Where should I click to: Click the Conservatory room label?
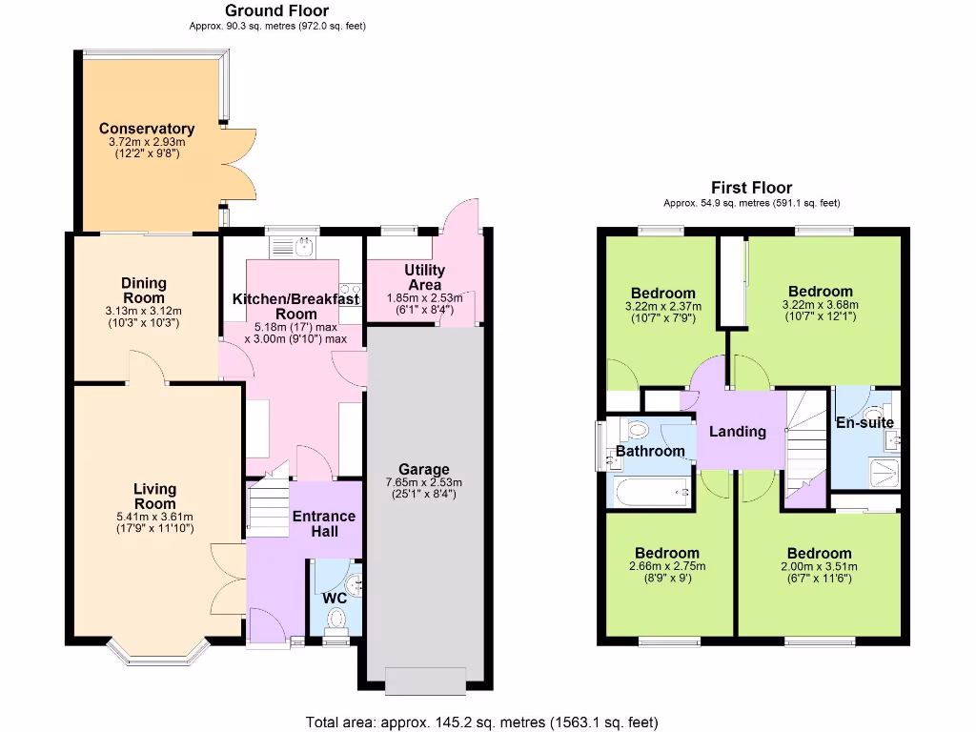coord(147,129)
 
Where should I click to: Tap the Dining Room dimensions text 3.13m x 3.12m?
coord(144,311)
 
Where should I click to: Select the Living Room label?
coord(154,496)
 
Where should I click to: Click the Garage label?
coord(424,469)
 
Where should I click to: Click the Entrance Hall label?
coord(323,523)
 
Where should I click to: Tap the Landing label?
coord(738,431)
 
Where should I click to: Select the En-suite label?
coord(864,422)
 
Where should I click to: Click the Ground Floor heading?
coord(268,10)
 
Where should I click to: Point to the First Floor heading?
coord(751,188)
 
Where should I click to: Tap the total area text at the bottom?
coord(481,722)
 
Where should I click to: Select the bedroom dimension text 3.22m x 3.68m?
coord(820,305)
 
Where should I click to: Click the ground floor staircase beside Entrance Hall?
coord(266,505)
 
